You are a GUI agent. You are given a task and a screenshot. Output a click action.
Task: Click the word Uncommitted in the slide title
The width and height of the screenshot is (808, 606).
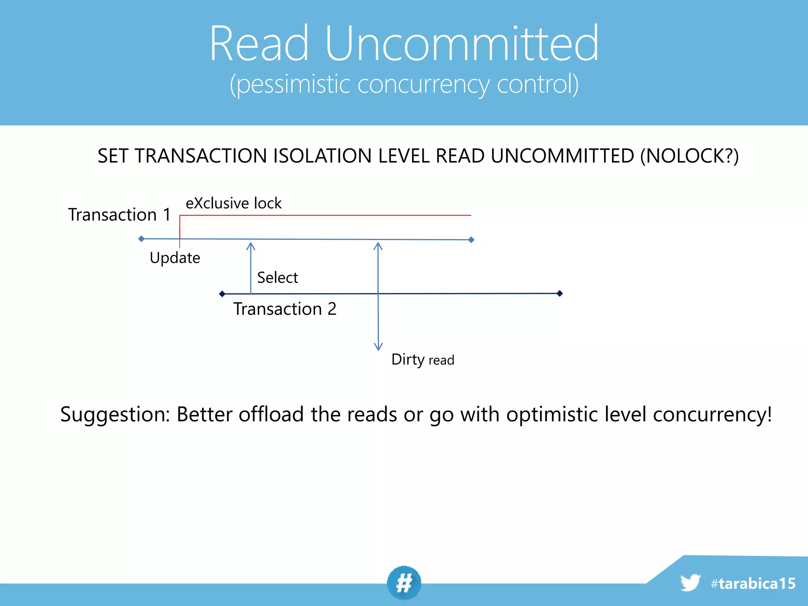click(461, 43)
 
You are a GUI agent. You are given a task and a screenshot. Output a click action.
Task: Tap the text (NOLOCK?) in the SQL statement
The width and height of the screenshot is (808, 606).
click(689, 156)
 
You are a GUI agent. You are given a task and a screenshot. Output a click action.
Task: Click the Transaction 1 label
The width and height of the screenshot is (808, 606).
click(119, 215)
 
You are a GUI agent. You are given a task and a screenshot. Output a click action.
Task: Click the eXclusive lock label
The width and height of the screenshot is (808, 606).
click(234, 203)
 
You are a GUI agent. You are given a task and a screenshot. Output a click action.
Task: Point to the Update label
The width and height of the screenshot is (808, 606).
click(175, 258)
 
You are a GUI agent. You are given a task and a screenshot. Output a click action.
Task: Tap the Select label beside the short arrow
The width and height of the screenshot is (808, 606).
click(277, 278)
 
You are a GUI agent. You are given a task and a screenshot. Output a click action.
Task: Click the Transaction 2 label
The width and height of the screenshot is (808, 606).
click(284, 309)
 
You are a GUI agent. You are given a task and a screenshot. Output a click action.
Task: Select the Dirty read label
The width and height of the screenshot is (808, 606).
click(423, 360)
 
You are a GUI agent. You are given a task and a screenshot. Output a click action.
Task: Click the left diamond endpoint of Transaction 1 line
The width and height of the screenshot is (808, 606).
click(141, 239)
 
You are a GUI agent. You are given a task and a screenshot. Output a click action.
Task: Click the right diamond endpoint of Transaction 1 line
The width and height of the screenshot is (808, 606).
click(471, 239)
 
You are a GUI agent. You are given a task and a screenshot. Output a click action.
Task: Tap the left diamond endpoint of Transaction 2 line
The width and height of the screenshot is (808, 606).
click(222, 294)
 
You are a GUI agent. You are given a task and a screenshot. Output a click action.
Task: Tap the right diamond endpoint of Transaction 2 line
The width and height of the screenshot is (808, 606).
click(559, 293)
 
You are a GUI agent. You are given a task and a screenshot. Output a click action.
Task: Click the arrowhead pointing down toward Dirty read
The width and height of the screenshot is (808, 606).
click(378, 347)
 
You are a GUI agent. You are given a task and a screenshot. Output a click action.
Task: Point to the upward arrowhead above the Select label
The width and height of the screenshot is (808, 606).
click(251, 246)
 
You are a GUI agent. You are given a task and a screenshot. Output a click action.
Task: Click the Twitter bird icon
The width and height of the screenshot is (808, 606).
click(690, 582)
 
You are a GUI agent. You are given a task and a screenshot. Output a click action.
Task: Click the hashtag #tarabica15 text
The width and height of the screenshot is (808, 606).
click(753, 584)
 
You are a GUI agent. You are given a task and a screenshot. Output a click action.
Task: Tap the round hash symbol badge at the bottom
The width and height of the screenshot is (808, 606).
click(404, 583)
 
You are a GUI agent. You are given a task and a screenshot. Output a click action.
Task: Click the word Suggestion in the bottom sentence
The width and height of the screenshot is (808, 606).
click(114, 415)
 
